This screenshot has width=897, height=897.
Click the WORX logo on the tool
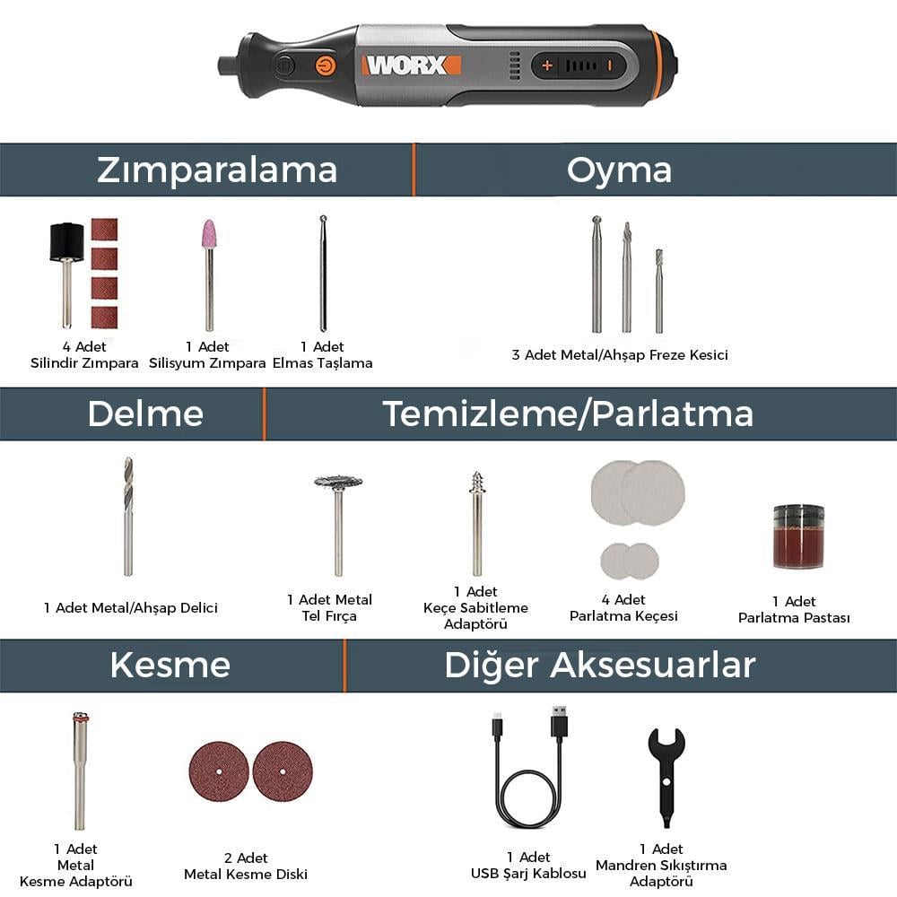411,65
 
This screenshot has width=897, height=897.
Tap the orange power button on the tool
325,65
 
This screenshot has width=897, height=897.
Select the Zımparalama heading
217,170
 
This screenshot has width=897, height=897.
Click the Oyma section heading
619,170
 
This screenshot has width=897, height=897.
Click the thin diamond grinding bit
323,274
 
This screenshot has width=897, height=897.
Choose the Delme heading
145,414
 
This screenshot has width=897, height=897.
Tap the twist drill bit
128,516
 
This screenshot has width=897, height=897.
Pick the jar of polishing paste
798,536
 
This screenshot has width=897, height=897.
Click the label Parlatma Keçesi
623,615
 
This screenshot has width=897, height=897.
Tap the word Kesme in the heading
170,666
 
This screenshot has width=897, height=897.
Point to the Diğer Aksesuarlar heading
600,666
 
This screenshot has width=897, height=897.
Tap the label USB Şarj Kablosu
528,873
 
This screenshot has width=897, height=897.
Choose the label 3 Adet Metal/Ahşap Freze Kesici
620,355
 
